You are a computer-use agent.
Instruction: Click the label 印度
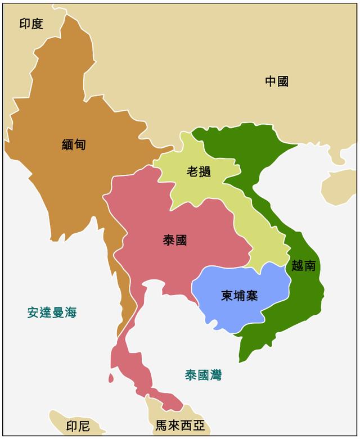tap(31, 24)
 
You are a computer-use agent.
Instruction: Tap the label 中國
tap(277, 82)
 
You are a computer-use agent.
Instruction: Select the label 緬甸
tap(74, 144)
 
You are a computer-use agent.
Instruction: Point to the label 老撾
tap(199, 172)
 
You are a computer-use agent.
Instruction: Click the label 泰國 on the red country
tap(175, 241)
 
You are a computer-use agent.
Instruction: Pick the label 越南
tap(304, 266)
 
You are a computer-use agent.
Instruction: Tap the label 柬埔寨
tap(240, 295)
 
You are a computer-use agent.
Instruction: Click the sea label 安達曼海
tap(52, 313)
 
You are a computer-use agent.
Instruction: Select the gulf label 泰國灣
tap(203, 375)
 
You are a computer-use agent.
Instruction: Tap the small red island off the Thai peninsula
tap(111, 378)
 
